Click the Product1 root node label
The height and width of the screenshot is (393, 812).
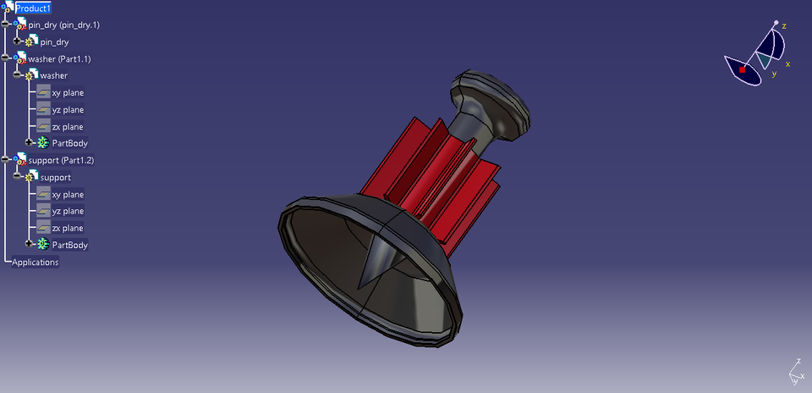pos(33,8)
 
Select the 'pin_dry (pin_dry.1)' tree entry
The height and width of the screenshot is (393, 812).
pos(63,25)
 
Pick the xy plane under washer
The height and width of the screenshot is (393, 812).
pos(68,92)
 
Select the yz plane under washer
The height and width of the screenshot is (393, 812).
pos(68,109)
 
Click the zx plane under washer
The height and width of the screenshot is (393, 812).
pos(68,126)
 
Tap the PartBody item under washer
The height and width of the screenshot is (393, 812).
pos(69,143)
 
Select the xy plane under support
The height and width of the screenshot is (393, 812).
pos(68,194)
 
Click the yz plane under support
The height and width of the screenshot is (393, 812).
pos(68,211)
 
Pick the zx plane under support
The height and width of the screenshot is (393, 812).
pos(68,228)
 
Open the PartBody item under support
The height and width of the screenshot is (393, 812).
pos(69,245)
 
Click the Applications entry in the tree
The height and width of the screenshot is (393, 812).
pos(35,262)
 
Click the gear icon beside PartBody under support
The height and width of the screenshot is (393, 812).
pos(43,245)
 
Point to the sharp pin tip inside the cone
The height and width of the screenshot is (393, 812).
pos(362,283)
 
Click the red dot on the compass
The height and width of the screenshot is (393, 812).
pos(743,70)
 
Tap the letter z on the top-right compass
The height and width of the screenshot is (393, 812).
pos(784,26)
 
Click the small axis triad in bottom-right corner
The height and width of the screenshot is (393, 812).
pos(795,369)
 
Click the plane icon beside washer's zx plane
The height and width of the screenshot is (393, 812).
pos(43,126)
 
